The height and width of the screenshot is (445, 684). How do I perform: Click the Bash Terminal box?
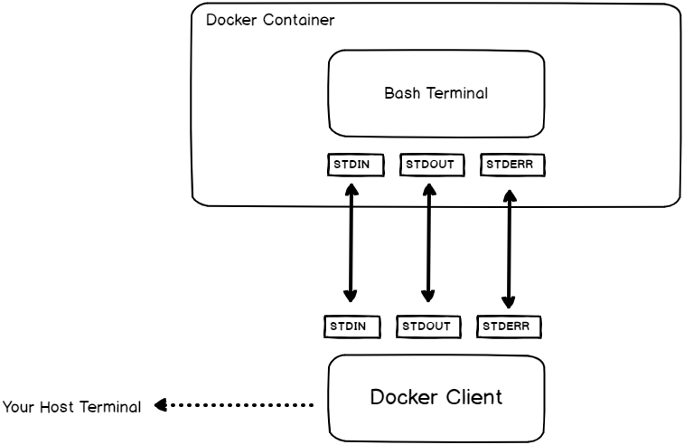[x=436, y=92]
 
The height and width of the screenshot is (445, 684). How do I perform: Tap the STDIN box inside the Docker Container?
[x=355, y=165]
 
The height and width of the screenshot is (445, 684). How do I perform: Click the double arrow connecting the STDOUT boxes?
[x=428, y=244]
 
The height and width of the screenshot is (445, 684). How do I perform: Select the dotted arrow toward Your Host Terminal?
[x=235, y=406]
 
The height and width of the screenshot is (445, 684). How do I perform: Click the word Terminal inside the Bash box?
[x=453, y=92]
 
